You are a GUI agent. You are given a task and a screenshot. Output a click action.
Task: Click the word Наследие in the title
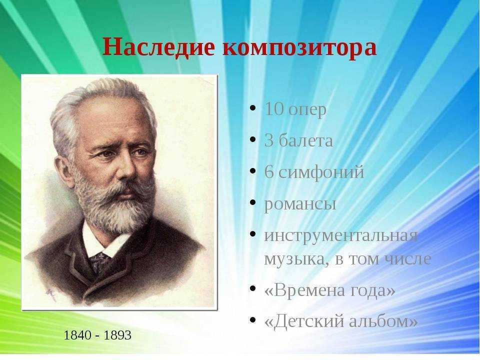point(158,47)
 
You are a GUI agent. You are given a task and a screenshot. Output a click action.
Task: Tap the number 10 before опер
point(273,108)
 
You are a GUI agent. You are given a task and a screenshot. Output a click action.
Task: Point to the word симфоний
point(321,172)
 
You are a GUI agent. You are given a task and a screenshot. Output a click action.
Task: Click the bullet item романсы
point(300,204)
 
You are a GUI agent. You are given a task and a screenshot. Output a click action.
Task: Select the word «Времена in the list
point(305,289)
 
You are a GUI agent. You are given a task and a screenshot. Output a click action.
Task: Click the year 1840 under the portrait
point(77,335)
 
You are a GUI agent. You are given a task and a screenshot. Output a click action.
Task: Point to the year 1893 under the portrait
point(117,335)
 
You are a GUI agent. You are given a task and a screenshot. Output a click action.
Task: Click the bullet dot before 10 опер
point(253,108)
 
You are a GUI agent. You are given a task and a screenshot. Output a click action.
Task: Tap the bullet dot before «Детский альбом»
point(253,320)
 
